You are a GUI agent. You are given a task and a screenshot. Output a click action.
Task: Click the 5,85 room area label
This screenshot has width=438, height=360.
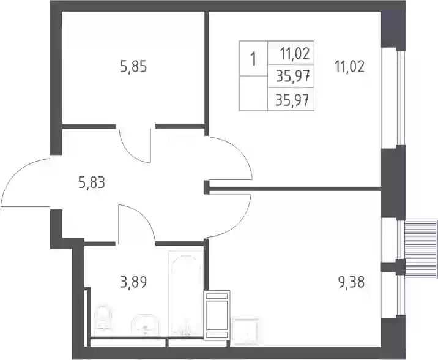coord(133,67)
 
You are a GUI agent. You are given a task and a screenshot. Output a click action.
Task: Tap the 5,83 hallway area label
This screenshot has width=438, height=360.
coord(92,183)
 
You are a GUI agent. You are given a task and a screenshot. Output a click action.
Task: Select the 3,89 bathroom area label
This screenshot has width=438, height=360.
coord(133,282)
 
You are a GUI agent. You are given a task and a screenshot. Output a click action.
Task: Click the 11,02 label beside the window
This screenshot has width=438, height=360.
coord(350,67)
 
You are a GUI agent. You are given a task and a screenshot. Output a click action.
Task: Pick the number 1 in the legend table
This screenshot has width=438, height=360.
coord(253,59)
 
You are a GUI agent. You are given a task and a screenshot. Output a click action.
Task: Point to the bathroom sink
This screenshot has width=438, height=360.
coord(145,325)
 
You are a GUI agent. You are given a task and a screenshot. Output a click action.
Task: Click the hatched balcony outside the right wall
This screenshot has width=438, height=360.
coord(421,249)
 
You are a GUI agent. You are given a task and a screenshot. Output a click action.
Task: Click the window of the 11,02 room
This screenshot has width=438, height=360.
coord(400,99)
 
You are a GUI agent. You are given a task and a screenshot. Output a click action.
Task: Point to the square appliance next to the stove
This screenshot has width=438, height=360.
coord(245,331)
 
